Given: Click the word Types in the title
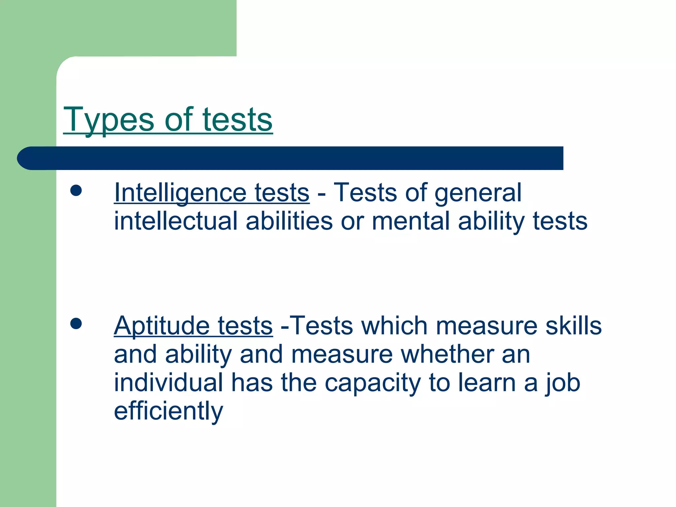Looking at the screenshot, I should (109, 119).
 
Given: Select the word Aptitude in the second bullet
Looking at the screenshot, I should (161, 326).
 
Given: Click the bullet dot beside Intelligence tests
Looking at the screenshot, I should (76, 190).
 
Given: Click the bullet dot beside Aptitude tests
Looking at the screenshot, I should (76, 323).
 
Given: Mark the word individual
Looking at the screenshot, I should (168, 383).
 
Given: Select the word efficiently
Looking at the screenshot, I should (168, 411).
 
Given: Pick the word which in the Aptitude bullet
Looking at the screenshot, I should (394, 326).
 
